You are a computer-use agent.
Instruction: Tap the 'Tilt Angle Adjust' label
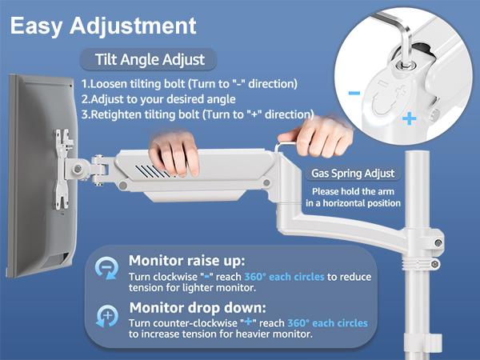pos(150,60)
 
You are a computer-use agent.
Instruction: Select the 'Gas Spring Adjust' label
pos(352,174)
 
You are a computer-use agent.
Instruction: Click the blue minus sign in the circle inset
pos(354,92)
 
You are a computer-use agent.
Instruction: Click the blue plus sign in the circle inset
pos(410,118)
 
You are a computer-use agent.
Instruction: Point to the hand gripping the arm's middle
pos(175,157)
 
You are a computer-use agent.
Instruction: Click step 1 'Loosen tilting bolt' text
pos(190,84)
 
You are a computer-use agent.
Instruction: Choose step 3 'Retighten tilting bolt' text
pos(197,114)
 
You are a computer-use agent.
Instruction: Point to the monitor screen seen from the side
pos(32,168)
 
